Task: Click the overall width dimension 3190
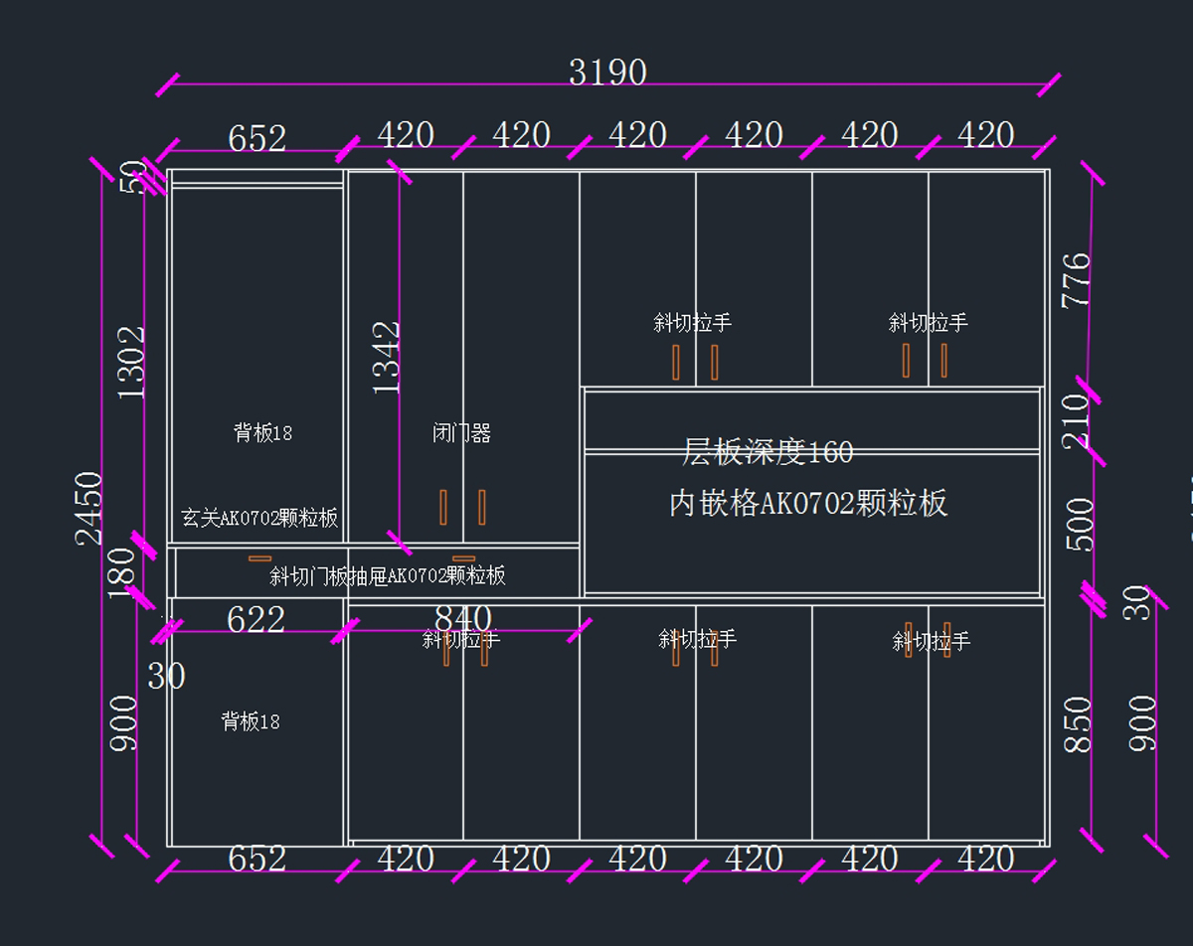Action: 607,73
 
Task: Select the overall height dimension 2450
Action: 89,508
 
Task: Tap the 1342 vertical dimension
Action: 387,358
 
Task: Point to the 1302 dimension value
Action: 131,363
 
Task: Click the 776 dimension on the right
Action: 1077,281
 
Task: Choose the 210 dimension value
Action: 1077,421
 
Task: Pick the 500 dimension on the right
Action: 1080,525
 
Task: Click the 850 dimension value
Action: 1079,724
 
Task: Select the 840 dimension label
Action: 463,619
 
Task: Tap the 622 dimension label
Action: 256,620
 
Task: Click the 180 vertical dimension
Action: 120,572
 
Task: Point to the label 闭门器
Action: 462,433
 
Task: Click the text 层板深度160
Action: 767,453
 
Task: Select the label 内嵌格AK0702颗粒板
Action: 808,504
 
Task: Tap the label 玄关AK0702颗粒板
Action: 259,518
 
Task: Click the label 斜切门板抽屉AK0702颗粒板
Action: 388,576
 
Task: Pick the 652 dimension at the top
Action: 256,139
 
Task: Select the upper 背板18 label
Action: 262,433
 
